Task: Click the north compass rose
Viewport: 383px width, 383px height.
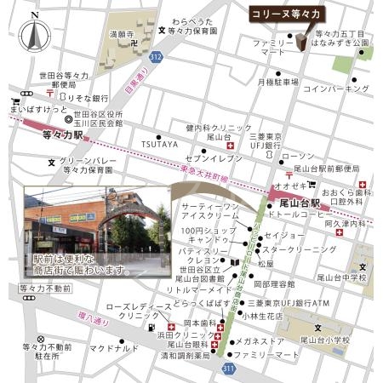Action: click(35, 36)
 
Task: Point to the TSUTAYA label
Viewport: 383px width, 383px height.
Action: click(160, 144)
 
